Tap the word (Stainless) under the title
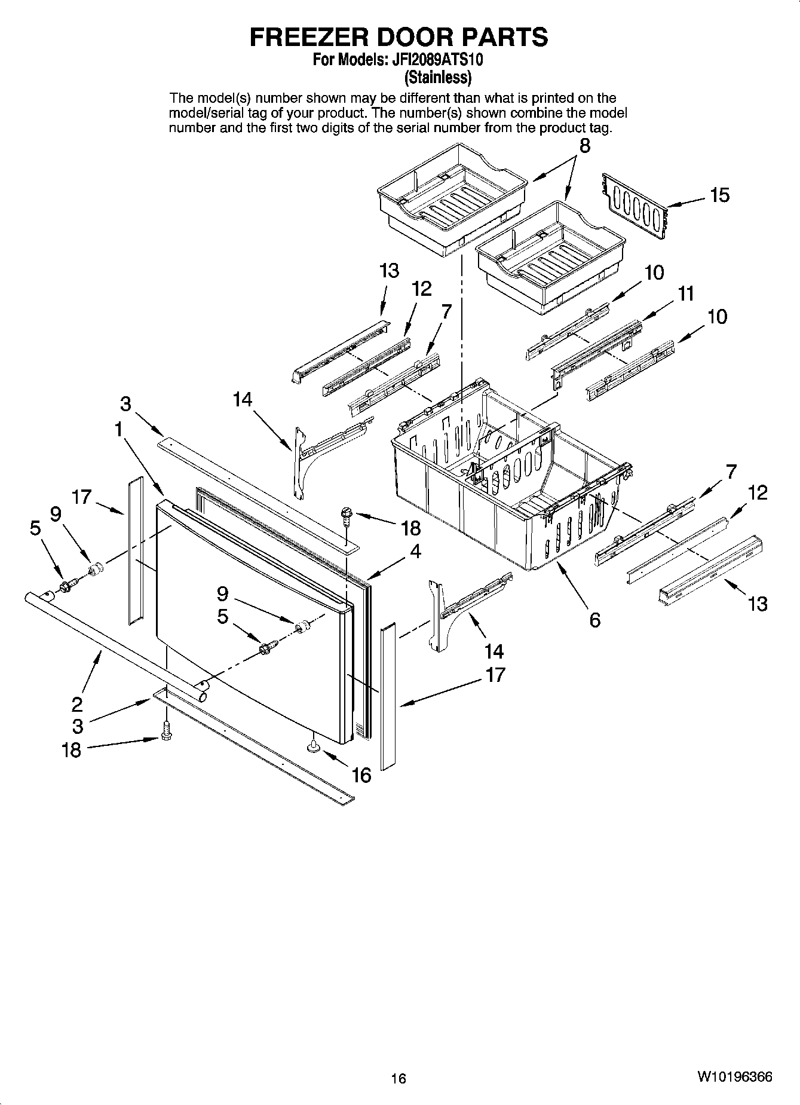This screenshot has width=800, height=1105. (x=438, y=77)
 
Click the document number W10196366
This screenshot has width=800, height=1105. (x=734, y=1078)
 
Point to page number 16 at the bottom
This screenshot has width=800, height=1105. (x=399, y=1079)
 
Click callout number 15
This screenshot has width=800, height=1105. (x=720, y=195)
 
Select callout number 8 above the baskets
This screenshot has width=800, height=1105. (x=584, y=145)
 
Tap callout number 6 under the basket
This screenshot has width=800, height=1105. (x=594, y=620)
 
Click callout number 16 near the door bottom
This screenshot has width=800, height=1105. (x=361, y=775)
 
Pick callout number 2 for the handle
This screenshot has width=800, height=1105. (x=77, y=704)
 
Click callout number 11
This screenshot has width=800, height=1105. (x=686, y=293)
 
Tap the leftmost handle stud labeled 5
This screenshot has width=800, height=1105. (x=66, y=586)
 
